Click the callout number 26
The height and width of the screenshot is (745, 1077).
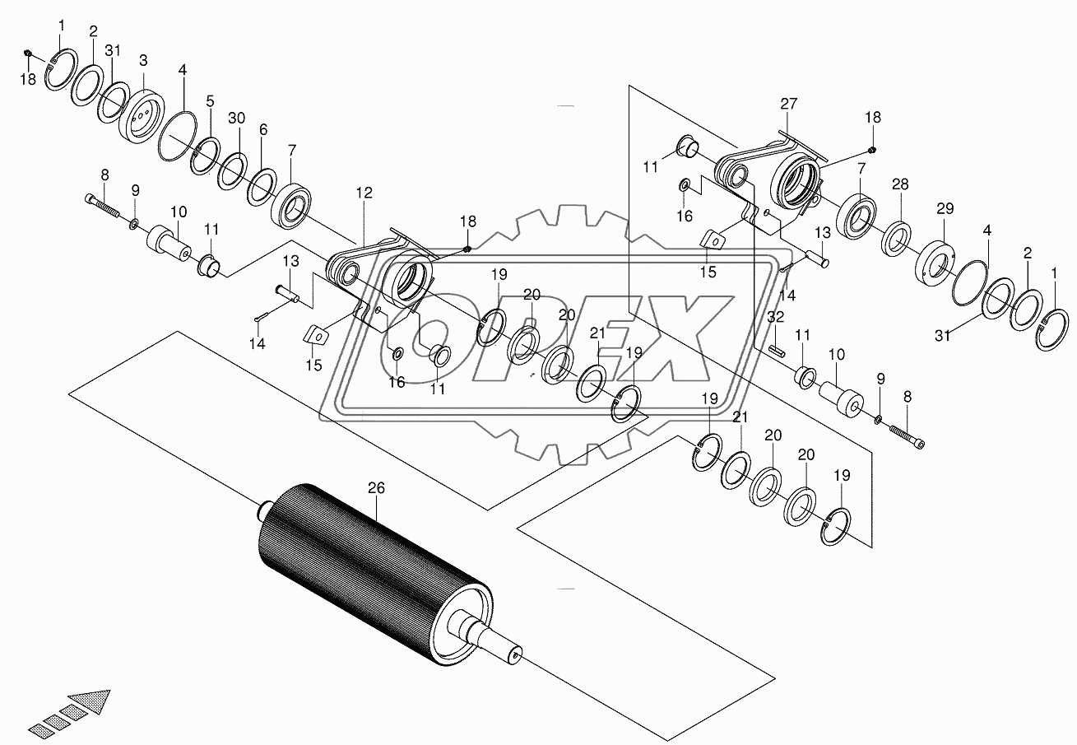(376, 488)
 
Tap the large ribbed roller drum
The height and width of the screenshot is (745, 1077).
(374, 567)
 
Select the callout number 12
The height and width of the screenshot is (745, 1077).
(364, 193)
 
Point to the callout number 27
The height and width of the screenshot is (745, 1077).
(789, 104)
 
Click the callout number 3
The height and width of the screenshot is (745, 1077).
(143, 60)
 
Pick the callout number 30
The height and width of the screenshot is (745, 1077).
(236, 119)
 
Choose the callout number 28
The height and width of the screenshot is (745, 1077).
(901, 184)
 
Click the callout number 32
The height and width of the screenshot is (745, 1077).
(775, 316)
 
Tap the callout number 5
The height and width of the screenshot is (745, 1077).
(211, 101)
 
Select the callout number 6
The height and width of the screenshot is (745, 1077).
(262, 130)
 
